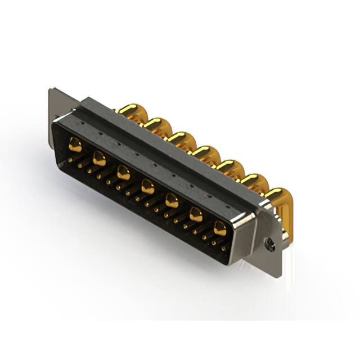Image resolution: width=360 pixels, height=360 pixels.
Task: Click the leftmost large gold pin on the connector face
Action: [x=75, y=146]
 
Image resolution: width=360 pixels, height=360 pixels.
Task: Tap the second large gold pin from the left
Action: [x=99, y=159]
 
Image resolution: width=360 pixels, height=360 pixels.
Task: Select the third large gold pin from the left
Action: [x=123, y=173]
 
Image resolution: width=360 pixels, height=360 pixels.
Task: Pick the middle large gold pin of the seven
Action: [x=147, y=187]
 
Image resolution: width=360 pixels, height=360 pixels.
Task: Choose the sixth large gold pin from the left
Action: [x=196, y=214]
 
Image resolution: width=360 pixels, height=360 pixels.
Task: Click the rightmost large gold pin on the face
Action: [x=220, y=228]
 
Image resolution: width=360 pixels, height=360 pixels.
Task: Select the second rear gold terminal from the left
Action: [x=157, y=124]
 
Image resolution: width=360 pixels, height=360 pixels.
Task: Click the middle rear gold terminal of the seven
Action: [x=205, y=152]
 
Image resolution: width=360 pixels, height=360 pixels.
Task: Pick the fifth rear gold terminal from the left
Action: [x=229, y=166]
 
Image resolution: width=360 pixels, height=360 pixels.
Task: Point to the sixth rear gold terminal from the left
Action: [x=254, y=181]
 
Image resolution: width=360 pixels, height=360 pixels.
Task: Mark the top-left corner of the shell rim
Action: [x=56, y=121]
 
